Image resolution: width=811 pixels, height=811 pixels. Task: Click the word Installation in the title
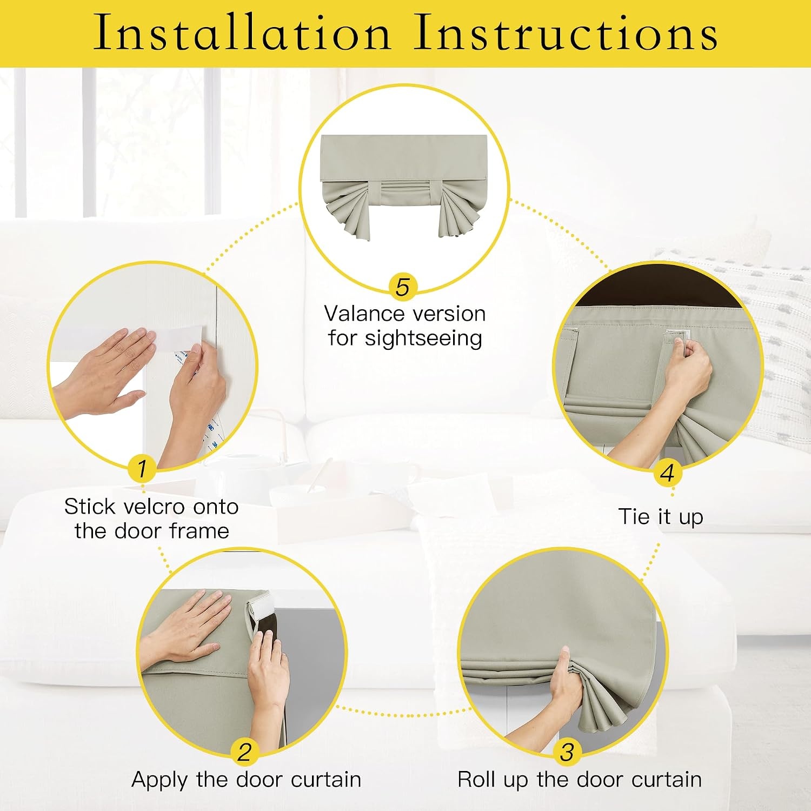pyautogui.click(x=242, y=32)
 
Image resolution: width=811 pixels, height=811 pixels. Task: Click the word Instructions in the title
pyautogui.click(x=566, y=32)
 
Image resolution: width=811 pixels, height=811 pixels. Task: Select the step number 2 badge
pyautogui.click(x=244, y=752)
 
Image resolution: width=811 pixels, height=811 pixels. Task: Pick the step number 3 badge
pyautogui.click(x=567, y=752)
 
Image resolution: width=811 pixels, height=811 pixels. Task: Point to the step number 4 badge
pyautogui.click(x=667, y=473)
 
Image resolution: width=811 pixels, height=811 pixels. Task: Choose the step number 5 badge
pyautogui.click(x=403, y=287)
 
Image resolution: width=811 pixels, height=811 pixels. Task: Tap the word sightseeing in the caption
pyautogui.click(x=423, y=339)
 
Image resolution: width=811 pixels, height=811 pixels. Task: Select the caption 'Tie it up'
pyautogui.click(x=661, y=517)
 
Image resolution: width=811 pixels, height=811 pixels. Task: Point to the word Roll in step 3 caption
pyautogui.click(x=477, y=779)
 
